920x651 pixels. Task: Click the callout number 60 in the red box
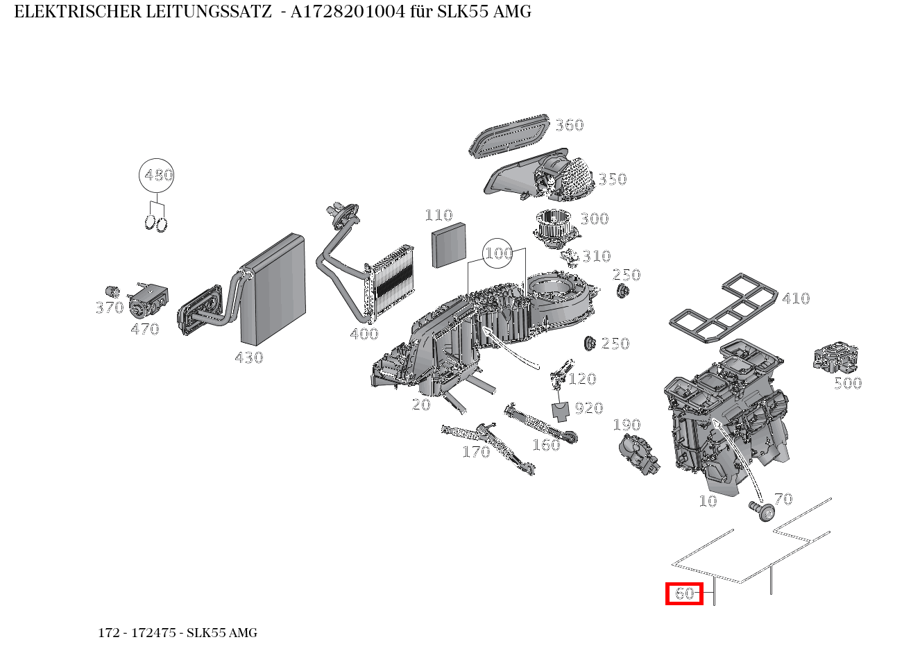click(684, 593)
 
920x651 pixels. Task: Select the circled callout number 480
click(156, 176)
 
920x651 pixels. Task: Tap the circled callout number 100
click(498, 253)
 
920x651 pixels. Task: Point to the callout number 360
click(570, 126)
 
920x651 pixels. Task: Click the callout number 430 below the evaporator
click(249, 358)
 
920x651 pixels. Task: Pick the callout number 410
click(796, 298)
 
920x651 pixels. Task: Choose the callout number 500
click(848, 383)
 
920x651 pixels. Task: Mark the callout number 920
click(589, 408)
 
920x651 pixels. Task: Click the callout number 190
click(627, 425)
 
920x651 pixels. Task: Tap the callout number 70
click(783, 499)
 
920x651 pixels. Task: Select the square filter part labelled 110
click(449, 247)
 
